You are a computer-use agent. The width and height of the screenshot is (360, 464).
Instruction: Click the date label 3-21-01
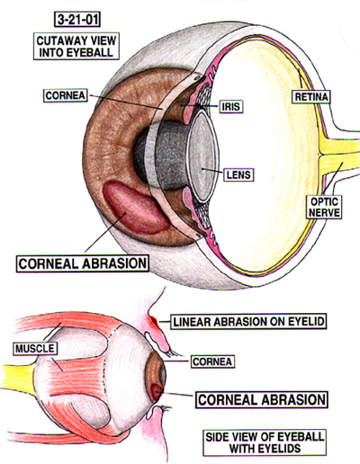point(77,20)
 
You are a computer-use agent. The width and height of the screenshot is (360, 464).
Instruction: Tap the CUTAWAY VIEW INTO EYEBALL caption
point(76,46)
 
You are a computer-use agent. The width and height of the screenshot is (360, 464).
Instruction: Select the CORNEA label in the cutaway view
point(66,95)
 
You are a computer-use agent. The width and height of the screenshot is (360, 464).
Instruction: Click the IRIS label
point(231,106)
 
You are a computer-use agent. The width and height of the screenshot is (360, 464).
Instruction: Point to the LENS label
point(238,174)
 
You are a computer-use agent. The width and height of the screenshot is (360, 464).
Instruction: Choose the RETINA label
point(311,96)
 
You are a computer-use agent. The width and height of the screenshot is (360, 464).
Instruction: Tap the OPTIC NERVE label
point(325,207)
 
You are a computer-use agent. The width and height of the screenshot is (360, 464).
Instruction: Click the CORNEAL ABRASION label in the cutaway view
point(83,263)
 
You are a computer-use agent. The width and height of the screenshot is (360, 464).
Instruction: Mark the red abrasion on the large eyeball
point(134,207)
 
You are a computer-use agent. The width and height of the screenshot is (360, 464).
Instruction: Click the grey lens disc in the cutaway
point(202,156)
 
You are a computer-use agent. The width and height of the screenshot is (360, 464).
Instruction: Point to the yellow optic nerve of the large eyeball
point(340,156)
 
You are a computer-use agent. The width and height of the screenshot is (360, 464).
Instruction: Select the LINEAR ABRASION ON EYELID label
point(248,322)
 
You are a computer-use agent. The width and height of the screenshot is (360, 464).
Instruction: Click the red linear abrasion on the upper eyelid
point(153,321)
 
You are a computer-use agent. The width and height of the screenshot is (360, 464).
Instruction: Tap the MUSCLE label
point(35,348)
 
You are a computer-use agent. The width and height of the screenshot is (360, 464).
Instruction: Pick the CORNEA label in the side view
point(212,361)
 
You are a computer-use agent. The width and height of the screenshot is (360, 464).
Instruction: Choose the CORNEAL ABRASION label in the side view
point(262,399)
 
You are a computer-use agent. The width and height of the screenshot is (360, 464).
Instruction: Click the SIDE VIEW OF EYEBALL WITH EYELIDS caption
point(265,442)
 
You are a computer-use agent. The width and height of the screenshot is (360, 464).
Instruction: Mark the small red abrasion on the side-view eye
point(157,391)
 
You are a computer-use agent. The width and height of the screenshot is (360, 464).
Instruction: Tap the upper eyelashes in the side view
point(173,352)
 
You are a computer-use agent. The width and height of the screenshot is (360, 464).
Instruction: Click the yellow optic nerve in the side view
point(18,376)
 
